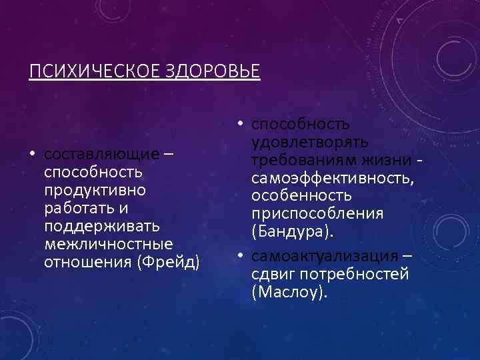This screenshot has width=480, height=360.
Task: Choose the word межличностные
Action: (x=107, y=244)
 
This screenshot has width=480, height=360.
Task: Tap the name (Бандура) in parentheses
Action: (x=291, y=232)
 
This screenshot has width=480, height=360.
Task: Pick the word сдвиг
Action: (x=272, y=275)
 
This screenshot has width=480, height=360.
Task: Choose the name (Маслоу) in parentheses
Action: (x=290, y=293)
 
